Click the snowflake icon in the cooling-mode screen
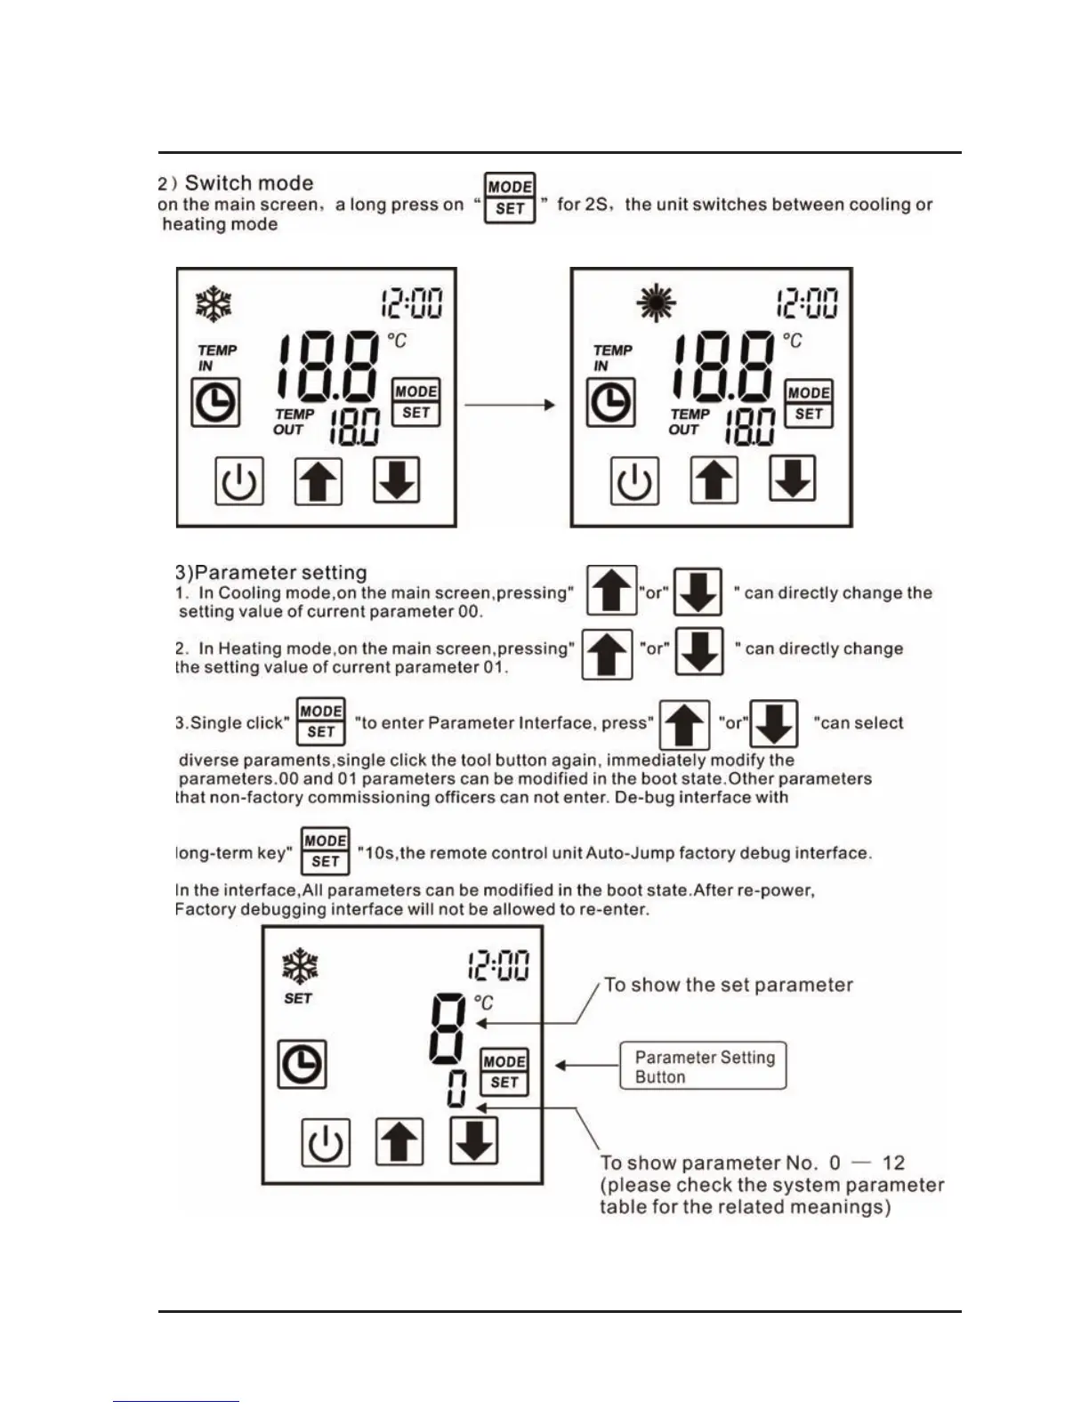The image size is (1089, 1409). [214, 304]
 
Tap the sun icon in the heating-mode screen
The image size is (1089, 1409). [656, 304]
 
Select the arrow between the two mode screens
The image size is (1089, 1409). [510, 405]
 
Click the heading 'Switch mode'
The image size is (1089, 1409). [248, 183]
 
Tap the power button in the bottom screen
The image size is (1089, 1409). [325, 1142]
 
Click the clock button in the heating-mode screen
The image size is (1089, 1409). [611, 402]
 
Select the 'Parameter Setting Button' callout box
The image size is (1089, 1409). [703, 1066]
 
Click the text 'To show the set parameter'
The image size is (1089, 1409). [728, 985]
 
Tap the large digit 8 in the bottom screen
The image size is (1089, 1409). [447, 1027]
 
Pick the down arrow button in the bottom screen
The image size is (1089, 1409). [473, 1140]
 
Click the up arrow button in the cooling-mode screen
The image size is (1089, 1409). [319, 481]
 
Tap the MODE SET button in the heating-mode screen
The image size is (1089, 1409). [809, 403]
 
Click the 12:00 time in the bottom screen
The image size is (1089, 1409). [497, 965]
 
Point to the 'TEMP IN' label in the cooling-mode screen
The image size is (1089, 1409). [216, 358]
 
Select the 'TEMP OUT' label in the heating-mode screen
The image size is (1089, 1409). [690, 422]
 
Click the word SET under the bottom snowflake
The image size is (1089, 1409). [298, 998]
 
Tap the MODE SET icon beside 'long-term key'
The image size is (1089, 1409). [325, 851]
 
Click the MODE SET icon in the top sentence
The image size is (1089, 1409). [510, 197]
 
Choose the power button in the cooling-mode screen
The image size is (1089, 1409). [239, 481]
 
